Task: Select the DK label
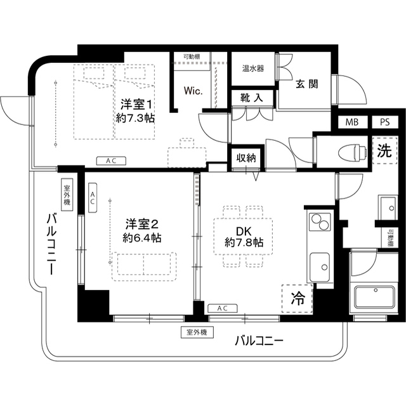pyautogui.click(x=244, y=229)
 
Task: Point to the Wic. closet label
pyautogui.click(x=193, y=91)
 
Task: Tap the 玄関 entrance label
pyautogui.click(x=306, y=84)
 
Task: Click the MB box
pyautogui.click(x=351, y=123)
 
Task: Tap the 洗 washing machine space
pyautogui.click(x=384, y=152)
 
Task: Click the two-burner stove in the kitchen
pyautogui.click(x=319, y=222)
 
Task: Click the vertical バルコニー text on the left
pyautogui.click(x=49, y=245)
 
